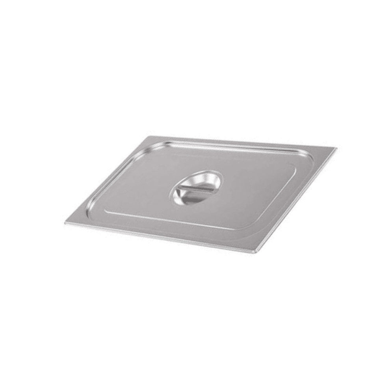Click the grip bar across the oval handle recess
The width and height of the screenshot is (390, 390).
(x=196, y=190)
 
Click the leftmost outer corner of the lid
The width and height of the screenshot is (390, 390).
(x=65, y=223)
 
